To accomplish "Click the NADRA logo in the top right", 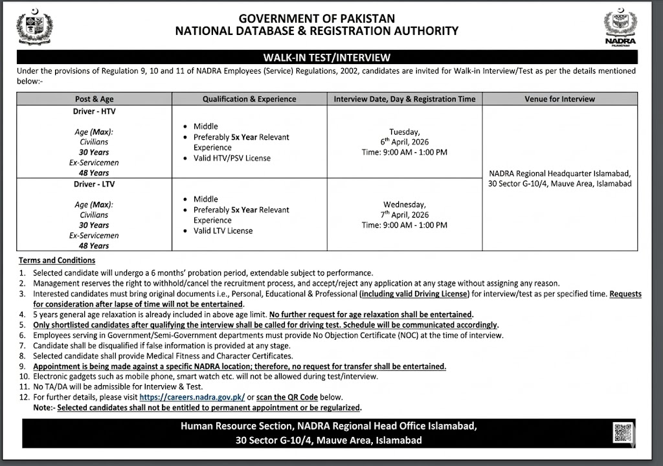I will click(x=620, y=28).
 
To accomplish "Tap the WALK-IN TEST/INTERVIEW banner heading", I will click(x=326, y=58).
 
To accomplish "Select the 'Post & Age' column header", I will click(x=94, y=99).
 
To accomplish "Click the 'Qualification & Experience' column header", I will click(x=249, y=99).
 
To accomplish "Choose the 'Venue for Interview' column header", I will click(x=559, y=99).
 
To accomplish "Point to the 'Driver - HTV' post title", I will click(x=94, y=111).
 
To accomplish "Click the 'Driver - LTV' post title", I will click(x=94, y=184).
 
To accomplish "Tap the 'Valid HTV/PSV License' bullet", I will click(x=232, y=158).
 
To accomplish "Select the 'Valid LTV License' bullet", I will click(x=223, y=230).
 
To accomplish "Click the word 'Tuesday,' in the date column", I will click(x=405, y=131).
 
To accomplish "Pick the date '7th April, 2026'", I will click(x=405, y=214).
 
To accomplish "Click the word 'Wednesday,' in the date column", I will click(x=405, y=203).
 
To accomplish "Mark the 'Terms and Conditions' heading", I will click(x=57, y=260).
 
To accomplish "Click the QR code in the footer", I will click(x=622, y=432).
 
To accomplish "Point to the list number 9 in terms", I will click(x=22, y=366).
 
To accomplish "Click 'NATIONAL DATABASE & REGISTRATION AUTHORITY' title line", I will click(x=317, y=30).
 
